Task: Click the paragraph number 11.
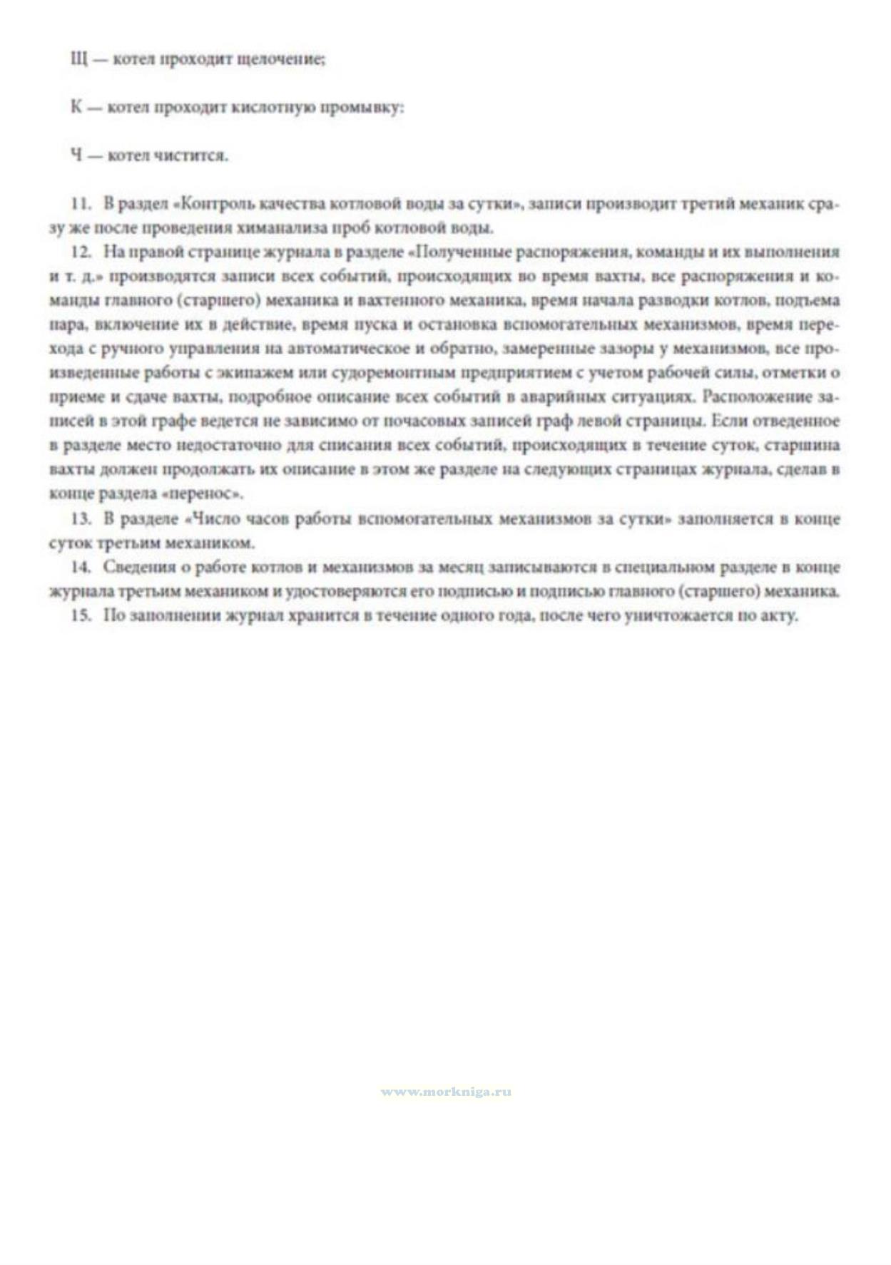pos(81,204)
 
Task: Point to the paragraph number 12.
pos(81,252)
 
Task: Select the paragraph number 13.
pos(81,519)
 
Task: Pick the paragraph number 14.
pos(81,568)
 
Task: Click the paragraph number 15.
pos(81,615)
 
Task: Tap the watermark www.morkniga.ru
pos(445,1092)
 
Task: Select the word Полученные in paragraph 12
pos(461,252)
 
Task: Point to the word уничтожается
pos(678,615)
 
